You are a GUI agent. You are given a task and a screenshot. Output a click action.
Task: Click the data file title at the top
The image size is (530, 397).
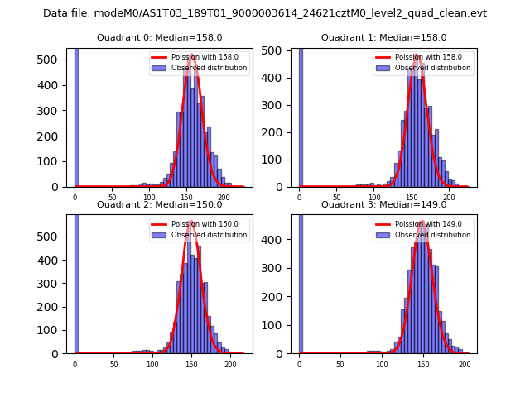coord(265,13)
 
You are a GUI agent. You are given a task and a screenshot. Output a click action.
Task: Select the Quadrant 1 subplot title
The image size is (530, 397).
coord(384,37)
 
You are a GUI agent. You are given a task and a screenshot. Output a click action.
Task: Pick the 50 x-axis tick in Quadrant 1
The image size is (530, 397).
coord(337,198)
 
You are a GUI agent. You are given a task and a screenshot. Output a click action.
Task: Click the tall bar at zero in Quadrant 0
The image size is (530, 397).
coord(76,116)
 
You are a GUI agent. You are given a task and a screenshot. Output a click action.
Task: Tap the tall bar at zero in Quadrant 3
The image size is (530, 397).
coord(301,281)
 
